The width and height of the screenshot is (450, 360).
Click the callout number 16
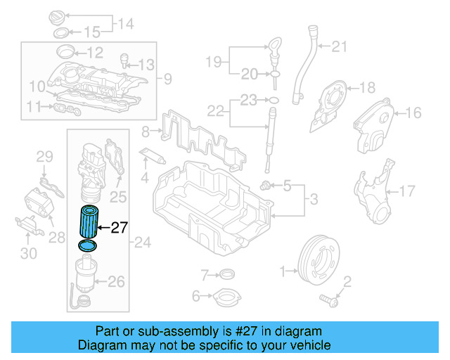coord(413,112)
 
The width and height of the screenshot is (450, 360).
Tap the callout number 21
coord(340,47)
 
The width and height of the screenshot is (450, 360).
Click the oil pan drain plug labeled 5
coord(266,186)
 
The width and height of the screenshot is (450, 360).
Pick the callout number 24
coord(143,243)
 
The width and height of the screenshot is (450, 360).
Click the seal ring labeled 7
coord(226,274)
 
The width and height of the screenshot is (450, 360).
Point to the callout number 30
coord(28,254)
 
